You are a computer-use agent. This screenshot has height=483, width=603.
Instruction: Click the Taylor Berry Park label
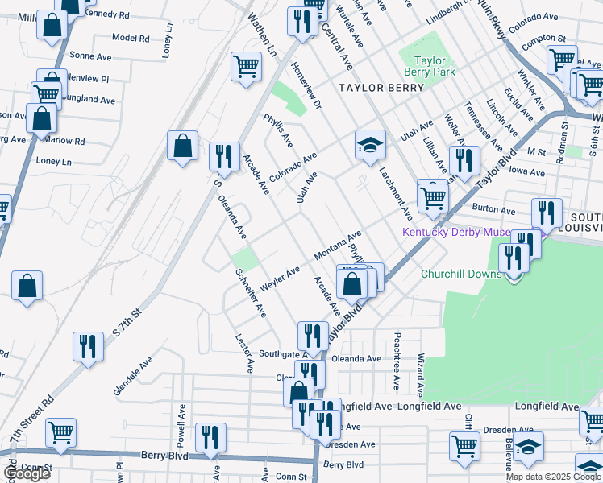(x=435, y=66)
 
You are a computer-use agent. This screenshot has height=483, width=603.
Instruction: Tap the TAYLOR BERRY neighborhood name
(x=381, y=88)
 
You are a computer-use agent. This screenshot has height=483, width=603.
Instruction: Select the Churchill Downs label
(x=462, y=274)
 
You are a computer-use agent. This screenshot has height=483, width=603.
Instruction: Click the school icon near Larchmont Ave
(x=370, y=146)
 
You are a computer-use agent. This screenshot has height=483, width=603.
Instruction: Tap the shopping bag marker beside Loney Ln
(x=183, y=147)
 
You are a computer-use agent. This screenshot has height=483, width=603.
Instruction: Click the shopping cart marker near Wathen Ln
(x=246, y=66)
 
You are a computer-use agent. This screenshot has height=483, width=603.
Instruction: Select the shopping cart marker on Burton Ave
(x=433, y=196)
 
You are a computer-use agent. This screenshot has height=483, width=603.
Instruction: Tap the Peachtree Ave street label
(x=397, y=353)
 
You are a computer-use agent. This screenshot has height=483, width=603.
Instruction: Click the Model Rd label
(x=131, y=38)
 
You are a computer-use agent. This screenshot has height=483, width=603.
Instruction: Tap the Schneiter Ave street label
(x=250, y=292)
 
